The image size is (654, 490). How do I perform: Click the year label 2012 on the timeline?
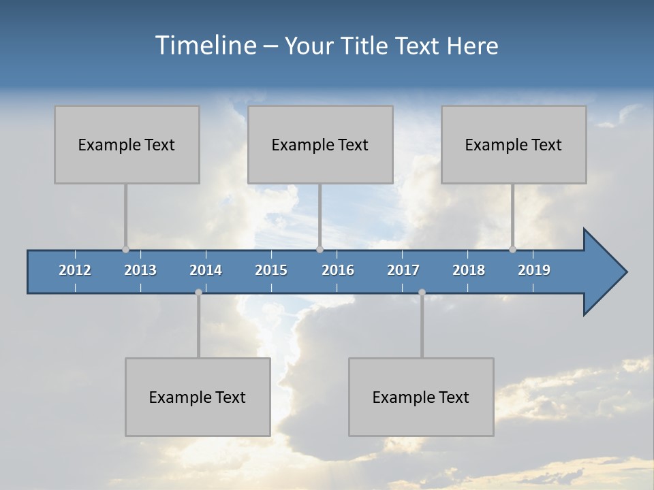[75, 270]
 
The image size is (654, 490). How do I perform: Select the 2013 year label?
[140, 270]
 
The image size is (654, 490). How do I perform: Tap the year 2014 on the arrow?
[206, 270]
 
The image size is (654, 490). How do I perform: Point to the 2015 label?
[271, 270]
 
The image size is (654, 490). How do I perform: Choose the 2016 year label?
[338, 270]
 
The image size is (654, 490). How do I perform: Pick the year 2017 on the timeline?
[403, 270]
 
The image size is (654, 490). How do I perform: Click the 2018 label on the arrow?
[469, 270]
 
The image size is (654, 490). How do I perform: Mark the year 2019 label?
[534, 270]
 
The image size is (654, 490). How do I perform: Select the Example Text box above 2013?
[127, 144]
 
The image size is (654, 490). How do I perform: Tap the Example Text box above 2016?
[320, 144]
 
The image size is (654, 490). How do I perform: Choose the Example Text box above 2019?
[514, 144]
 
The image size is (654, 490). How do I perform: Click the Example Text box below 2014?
[198, 397]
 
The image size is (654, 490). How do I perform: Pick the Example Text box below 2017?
[421, 397]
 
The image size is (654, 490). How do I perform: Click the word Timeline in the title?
[204, 46]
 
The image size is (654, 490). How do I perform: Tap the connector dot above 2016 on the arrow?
[320, 249]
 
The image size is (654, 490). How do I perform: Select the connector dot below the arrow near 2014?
[198, 292]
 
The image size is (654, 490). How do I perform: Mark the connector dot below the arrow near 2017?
[422, 292]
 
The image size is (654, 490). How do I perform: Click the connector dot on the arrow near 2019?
[512, 249]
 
